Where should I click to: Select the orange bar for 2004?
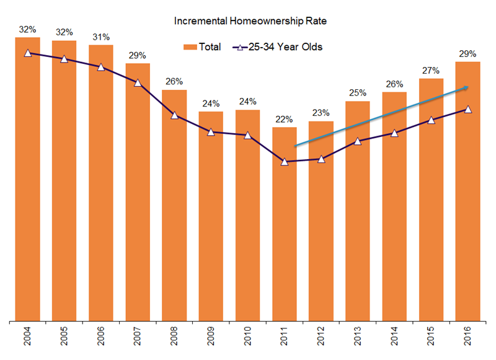click(x=28, y=180)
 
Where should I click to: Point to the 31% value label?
click(x=100, y=36)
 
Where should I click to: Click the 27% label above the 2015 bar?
click(x=431, y=70)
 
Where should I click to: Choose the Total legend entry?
click(x=202, y=46)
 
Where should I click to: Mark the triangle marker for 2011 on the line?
click(x=285, y=162)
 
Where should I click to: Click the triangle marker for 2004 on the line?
click(x=28, y=53)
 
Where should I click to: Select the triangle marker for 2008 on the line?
click(x=175, y=115)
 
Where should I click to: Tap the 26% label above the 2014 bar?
click(x=394, y=84)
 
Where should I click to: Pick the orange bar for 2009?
click(x=211, y=217)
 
